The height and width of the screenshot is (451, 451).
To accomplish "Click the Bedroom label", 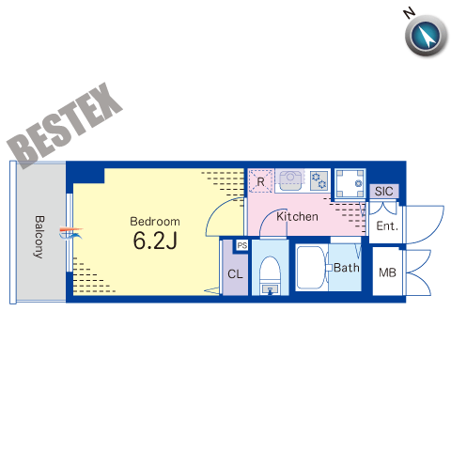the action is tap(155, 222).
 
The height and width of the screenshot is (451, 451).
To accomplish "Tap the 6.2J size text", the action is tap(155, 241).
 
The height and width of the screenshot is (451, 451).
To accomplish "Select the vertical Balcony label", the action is tap(39, 237).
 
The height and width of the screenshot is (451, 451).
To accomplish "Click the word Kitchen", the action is tap(297, 216).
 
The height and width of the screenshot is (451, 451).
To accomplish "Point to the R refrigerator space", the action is tap(260, 181).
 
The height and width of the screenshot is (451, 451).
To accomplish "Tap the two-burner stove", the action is tap(319, 180).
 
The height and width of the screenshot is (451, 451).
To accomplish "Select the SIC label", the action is tap(383, 191).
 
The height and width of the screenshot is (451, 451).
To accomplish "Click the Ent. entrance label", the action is tap(387, 225).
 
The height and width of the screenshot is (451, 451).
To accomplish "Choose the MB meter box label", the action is tap(387, 272).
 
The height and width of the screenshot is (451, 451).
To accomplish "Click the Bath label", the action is tap(347, 268).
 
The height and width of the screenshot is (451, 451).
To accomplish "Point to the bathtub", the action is tap(312, 268).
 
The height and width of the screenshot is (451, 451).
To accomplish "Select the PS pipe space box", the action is tap(242, 245).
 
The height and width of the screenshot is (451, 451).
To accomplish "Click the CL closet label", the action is tap(235, 274).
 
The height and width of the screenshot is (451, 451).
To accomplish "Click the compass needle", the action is tap(426, 36).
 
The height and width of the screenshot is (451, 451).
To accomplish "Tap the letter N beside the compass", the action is tap(410, 13).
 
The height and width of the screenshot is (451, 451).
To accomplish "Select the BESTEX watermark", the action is tap(65, 126).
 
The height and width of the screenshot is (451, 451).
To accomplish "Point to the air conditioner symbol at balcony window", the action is tap(71, 233).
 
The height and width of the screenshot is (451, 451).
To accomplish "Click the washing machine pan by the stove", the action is tap(350, 184).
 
